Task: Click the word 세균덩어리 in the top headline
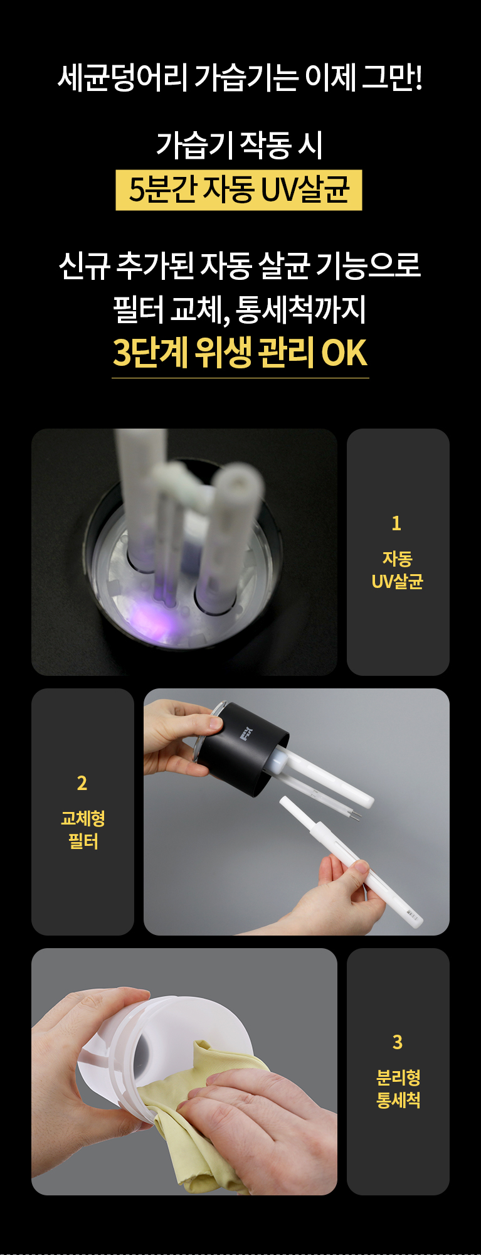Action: click(123, 78)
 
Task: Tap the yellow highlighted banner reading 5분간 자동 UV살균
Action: click(239, 190)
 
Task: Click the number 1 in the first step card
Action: click(396, 523)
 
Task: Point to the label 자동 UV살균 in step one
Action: click(398, 570)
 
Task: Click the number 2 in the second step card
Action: click(82, 783)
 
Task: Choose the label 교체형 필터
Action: click(83, 830)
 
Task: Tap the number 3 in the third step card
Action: click(398, 1042)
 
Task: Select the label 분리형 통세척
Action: click(398, 1089)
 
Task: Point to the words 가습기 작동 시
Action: click(240, 145)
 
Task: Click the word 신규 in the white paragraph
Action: click(84, 265)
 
